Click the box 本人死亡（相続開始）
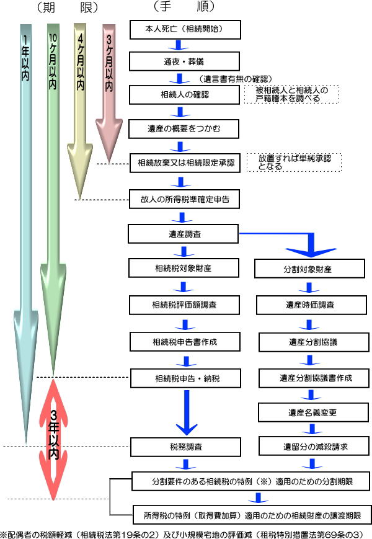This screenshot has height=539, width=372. tap(184, 29)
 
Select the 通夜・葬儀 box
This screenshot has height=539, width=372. tap(184, 61)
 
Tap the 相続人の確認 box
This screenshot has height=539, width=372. tap(184, 96)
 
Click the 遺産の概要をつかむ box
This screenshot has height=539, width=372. tap(184, 130)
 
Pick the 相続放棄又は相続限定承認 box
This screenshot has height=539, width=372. tap(184, 164)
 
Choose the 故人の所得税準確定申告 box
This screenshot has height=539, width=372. tap(184, 200)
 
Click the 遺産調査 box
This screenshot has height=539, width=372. tap(184, 234)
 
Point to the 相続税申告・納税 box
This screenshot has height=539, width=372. tap(184, 377)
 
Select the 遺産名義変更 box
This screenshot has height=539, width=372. tap(304, 411)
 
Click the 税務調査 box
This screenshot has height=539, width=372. tap(184, 445)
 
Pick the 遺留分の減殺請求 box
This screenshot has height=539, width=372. tap(304, 445)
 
